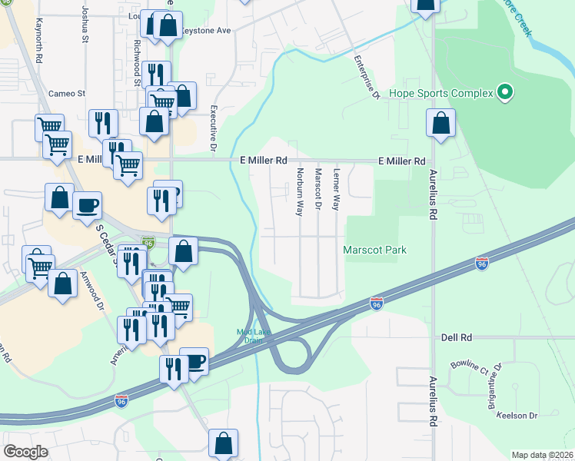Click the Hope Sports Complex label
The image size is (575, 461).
[x=440, y=94]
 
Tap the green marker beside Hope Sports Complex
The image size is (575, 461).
[x=504, y=94]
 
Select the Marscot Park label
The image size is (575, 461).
[x=374, y=250]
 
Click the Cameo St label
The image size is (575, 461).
[x=66, y=94]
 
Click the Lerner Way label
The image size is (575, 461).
[x=336, y=191]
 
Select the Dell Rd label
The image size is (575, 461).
[x=456, y=337]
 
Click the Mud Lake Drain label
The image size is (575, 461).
[x=250, y=337]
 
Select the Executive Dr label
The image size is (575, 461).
[x=214, y=127]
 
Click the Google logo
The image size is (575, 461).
[x=25, y=452]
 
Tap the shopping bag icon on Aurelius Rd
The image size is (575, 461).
[x=441, y=123]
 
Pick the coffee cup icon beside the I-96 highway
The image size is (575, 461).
[x=194, y=361]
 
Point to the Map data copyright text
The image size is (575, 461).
[x=542, y=455]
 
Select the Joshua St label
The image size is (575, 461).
[x=82, y=26]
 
